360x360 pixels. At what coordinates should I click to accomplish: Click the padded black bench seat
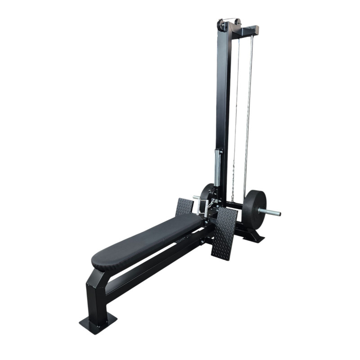click(148, 238)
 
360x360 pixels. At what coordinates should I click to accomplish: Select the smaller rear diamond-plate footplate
click(184, 206)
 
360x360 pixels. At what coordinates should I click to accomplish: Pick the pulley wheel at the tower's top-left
click(221, 25)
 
